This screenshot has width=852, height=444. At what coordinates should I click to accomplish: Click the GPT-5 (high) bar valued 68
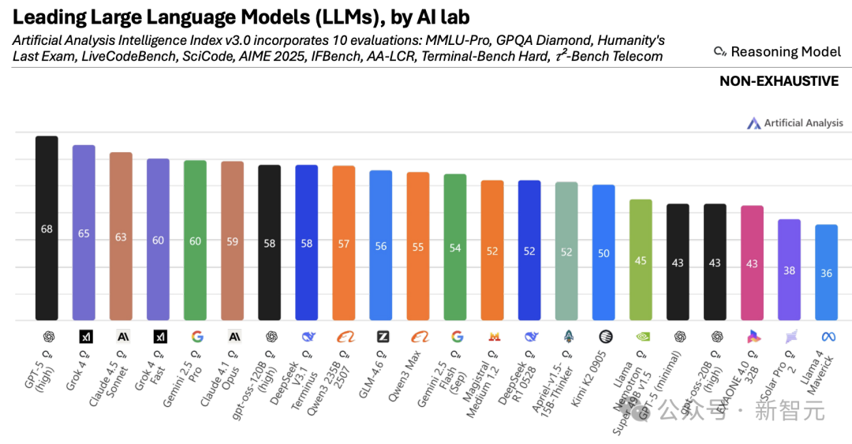point(47,229)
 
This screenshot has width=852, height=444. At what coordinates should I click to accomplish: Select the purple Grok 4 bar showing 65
point(84,233)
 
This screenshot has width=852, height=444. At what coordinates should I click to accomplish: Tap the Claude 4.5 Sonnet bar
point(121,237)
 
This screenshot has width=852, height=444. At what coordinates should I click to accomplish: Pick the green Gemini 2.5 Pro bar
point(195,241)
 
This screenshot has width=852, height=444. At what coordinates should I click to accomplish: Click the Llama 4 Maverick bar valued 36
point(826,273)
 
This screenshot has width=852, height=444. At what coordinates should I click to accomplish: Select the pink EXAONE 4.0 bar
point(752,263)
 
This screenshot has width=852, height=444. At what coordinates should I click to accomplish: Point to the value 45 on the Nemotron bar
point(641,261)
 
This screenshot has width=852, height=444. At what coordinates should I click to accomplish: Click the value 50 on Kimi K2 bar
point(603,253)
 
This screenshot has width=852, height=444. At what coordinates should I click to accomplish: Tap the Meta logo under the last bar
point(827,337)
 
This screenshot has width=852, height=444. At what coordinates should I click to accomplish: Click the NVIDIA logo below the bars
point(641,337)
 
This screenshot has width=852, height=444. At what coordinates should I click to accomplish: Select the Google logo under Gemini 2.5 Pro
point(196,337)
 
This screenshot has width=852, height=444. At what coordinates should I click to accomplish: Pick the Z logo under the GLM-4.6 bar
point(382,337)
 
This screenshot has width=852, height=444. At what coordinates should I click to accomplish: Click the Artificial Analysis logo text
point(802,123)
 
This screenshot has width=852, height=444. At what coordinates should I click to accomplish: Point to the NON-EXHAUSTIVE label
point(779,81)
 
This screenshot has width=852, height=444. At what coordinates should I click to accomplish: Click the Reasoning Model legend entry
point(776,52)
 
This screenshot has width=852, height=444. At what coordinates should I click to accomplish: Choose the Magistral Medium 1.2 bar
point(492,251)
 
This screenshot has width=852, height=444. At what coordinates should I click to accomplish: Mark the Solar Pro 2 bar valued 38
point(789,270)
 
